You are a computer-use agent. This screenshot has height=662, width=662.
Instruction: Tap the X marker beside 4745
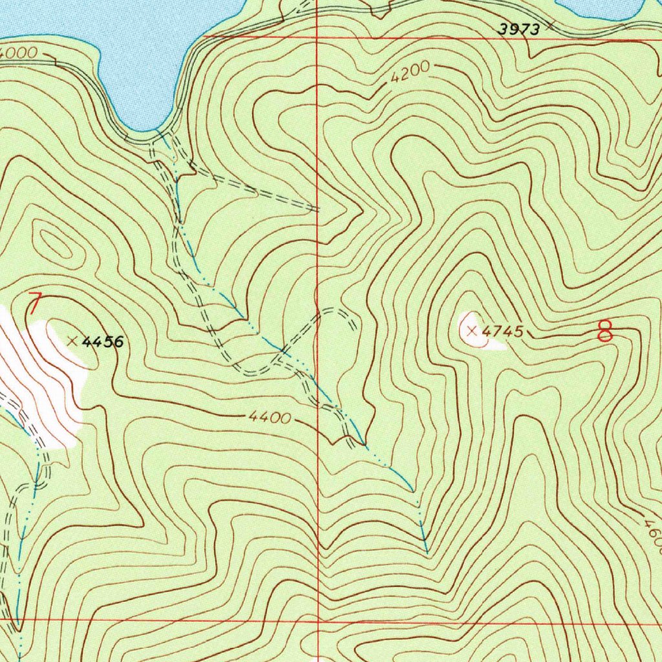pos(472,331)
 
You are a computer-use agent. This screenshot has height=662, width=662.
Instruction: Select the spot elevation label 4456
pos(103,341)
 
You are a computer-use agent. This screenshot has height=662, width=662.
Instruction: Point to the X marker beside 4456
pos(72,341)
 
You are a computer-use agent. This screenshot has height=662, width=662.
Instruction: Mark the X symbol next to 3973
pos(550,26)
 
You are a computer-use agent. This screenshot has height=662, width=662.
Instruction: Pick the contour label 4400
pos(269,418)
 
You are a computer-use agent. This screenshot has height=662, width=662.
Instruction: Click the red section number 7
pos(35,303)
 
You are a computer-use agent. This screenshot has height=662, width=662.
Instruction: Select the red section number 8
pos(605,330)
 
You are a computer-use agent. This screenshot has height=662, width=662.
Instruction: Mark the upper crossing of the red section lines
pos(317,37)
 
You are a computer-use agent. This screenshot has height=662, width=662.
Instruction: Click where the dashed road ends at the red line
pos(317,209)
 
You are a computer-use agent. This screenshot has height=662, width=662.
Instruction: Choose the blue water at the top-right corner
pos(608,8)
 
